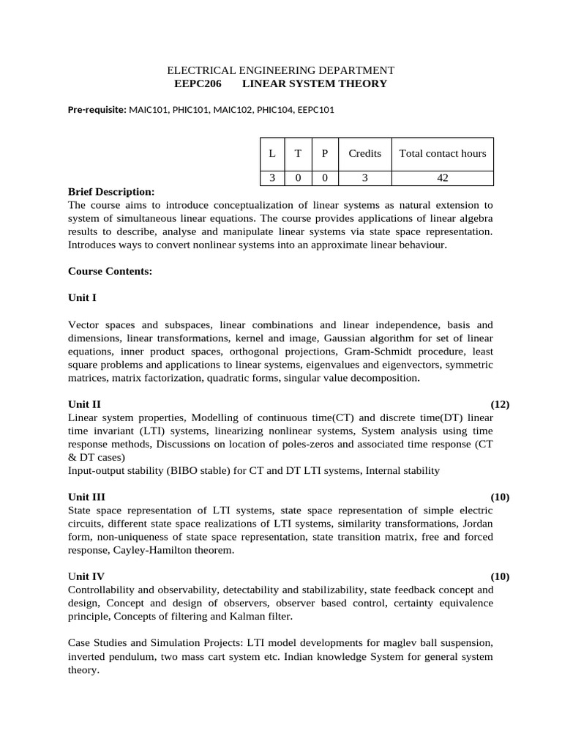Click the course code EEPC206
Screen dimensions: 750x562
tap(198, 84)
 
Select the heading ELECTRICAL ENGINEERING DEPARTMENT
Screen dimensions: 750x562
tap(281, 70)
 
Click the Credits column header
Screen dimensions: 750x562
tap(364, 153)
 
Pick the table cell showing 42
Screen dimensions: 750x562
tap(442, 178)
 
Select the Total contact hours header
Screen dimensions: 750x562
tap(442, 153)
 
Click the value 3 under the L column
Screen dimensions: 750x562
tap(271, 178)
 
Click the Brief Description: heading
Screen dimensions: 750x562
tap(111, 192)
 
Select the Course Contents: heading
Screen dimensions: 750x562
tap(110, 271)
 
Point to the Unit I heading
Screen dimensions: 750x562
tap(82, 298)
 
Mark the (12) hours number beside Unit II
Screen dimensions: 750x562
tap(500, 404)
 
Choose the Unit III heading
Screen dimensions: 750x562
tap(86, 497)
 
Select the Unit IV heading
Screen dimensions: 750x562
tap(86, 576)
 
